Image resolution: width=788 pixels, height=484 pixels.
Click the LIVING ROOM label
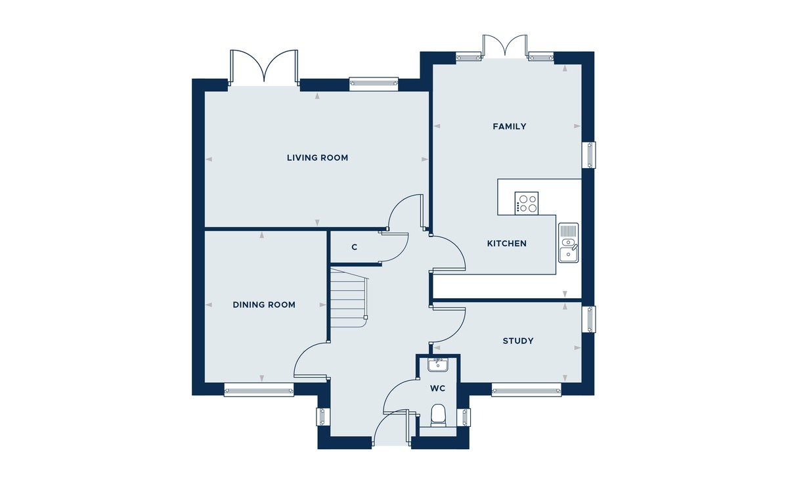[317, 158]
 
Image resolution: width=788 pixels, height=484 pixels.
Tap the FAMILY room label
[510, 126]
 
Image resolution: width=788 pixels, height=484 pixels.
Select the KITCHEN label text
[506, 244]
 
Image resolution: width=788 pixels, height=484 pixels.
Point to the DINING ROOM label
[264, 305]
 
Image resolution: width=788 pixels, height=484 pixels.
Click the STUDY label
[518, 341]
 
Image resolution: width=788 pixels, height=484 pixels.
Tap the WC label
[437, 388]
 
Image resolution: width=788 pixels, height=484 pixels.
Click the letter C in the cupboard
[354, 248]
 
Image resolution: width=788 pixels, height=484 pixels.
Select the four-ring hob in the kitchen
[526, 203]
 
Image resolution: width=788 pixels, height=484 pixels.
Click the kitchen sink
[568, 242]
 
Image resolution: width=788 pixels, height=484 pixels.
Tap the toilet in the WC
[438, 415]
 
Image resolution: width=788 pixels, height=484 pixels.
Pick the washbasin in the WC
[437, 364]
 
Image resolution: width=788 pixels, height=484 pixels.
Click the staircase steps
[349, 297]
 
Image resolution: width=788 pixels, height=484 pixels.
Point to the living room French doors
[264, 68]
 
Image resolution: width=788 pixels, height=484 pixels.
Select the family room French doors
[505, 46]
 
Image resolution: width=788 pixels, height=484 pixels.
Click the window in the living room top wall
[374, 83]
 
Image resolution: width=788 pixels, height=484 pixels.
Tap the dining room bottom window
[259, 389]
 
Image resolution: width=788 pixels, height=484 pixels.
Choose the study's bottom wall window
[526, 389]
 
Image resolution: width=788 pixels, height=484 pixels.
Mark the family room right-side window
[589, 155]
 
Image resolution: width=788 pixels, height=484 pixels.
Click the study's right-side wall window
[589, 319]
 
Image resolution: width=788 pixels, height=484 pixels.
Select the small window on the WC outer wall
[464, 417]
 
